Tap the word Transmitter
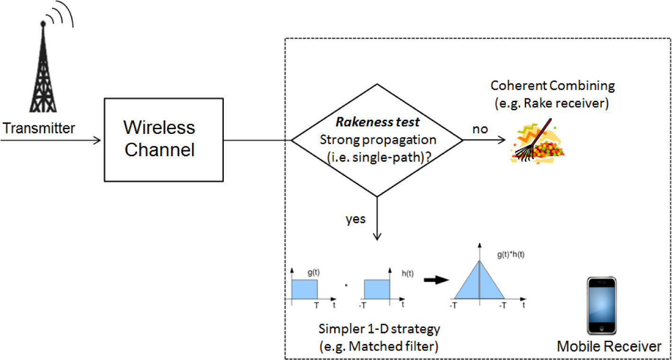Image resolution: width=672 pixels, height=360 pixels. (39, 128)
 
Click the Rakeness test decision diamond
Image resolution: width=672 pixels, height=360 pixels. (377, 140)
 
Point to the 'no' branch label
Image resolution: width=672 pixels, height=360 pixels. (480, 129)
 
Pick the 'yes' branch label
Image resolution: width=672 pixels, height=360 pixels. (356, 220)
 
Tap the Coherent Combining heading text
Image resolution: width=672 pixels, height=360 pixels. (552, 86)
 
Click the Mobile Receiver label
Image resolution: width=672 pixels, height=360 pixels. (609, 346)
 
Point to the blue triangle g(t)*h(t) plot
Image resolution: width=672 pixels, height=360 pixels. (479, 282)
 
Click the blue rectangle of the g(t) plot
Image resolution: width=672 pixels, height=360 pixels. (304, 289)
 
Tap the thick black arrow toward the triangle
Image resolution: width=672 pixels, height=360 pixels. (435, 280)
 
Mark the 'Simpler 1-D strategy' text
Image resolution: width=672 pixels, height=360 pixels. (379, 328)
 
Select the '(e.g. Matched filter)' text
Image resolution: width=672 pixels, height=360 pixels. (379, 346)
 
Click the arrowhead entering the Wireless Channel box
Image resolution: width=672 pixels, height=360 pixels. (97, 140)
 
